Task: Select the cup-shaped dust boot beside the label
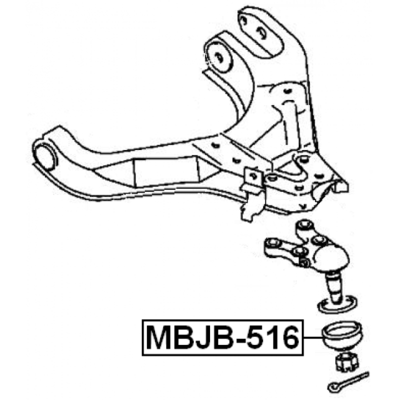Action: [342, 336]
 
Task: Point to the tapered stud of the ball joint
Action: [334, 289]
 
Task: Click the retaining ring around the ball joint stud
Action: [336, 304]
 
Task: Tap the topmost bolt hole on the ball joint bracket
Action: [305, 225]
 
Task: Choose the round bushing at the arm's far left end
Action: [45, 156]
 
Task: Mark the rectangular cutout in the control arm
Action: [167, 171]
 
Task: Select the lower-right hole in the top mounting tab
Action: [261, 33]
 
